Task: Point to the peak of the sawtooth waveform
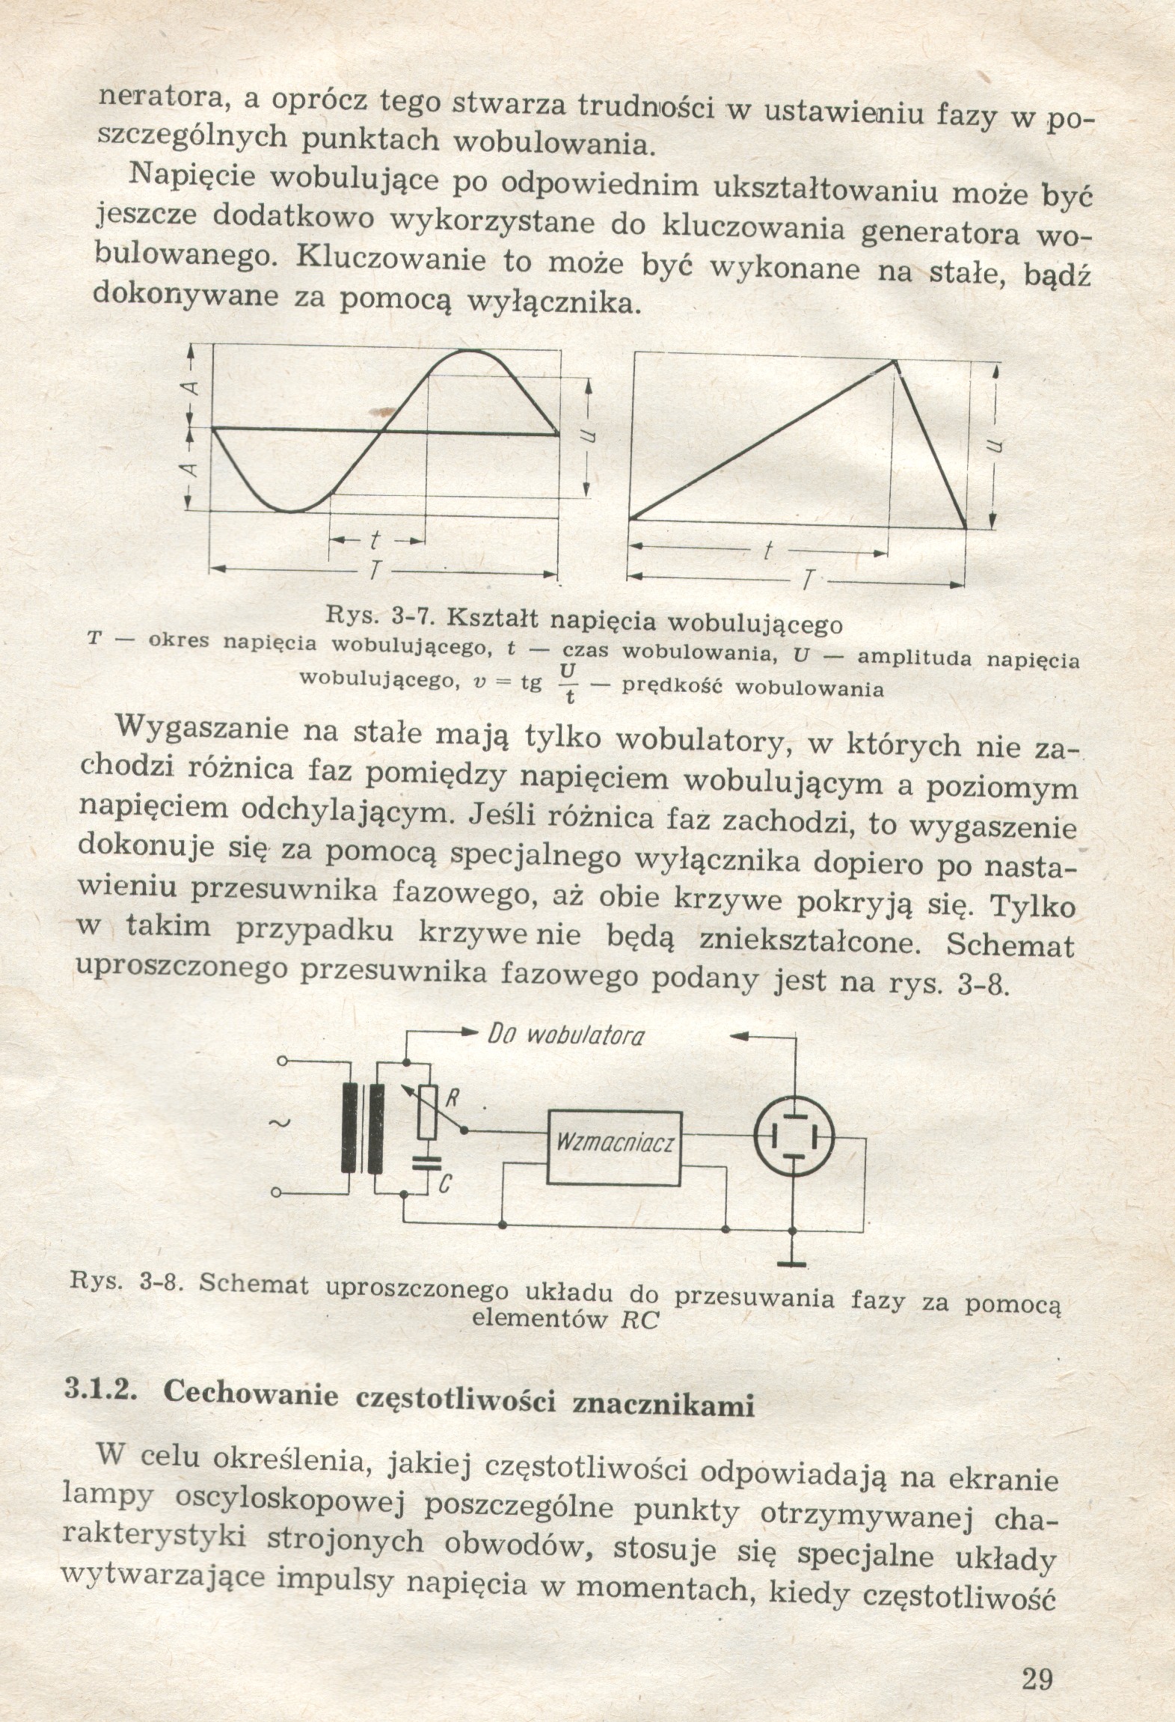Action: (895, 361)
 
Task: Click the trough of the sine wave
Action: (292, 512)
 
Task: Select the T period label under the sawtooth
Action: (807, 580)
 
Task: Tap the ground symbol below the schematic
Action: (792, 1263)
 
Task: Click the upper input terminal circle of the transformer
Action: (282, 1061)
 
